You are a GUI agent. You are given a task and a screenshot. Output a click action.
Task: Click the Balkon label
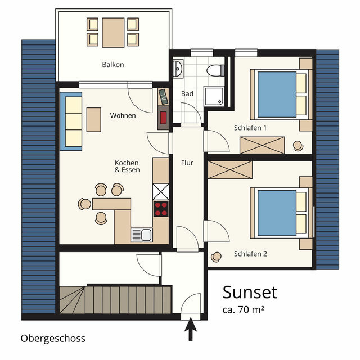click(113, 65)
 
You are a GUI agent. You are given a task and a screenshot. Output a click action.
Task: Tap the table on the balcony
click(113, 32)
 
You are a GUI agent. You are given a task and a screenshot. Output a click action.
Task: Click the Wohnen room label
click(123, 116)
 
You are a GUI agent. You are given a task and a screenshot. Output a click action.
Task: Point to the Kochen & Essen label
click(127, 166)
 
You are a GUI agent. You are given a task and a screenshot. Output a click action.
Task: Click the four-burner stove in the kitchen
click(161, 209)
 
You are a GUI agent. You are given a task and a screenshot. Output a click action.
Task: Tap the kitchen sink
click(142, 234)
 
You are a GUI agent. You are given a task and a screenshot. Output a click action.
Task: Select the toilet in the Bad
click(214, 70)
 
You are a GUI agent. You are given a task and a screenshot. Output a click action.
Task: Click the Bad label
click(187, 94)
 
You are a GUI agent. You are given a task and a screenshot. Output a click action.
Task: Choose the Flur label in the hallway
click(187, 163)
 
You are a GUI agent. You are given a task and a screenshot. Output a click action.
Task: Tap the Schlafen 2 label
click(250, 254)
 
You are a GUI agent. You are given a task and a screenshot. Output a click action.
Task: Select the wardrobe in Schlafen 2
click(230, 169)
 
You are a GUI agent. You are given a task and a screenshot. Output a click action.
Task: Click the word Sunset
click(250, 292)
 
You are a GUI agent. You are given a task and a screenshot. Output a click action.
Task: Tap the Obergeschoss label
click(53, 338)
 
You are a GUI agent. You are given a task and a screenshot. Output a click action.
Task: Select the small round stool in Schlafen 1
click(298, 145)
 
